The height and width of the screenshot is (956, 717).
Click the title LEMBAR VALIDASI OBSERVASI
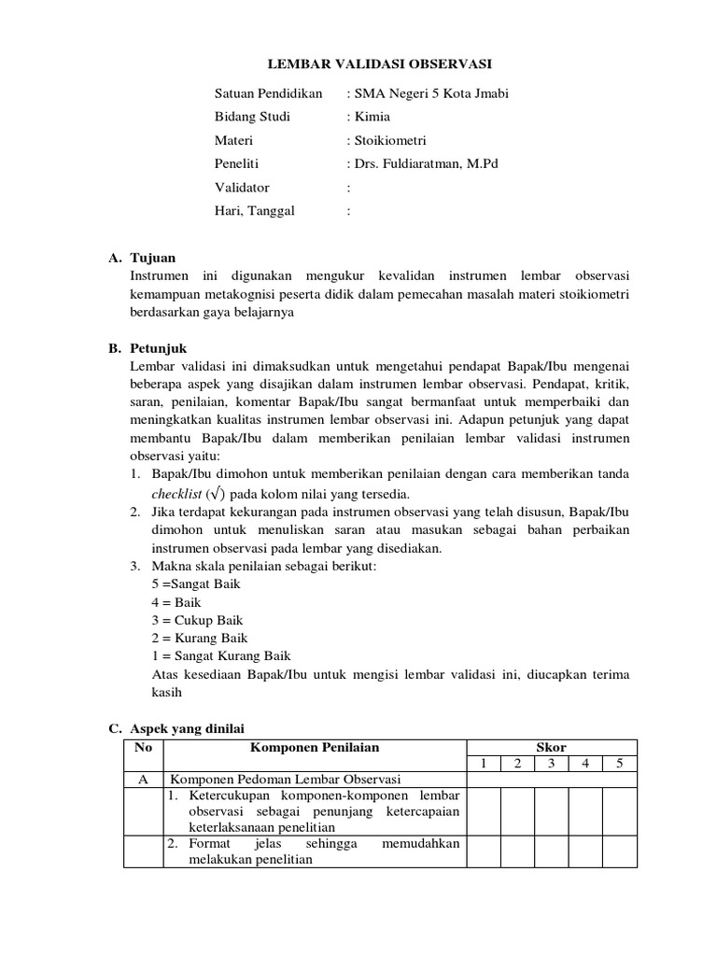tap(380, 63)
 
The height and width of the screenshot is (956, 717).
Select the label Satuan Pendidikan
tap(268, 93)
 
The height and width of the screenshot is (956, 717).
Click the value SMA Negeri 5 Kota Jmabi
tap(429, 93)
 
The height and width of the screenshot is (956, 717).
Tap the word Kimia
tap(370, 117)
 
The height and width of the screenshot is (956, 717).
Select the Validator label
tap(242, 187)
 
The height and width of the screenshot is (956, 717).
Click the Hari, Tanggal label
tap(255, 210)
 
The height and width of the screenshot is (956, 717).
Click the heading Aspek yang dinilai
tap(187, 728)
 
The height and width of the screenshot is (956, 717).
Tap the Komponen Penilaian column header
tap(315, 747)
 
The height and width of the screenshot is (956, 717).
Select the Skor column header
tap(551, 747)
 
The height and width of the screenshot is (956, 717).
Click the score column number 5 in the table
tap(620, 764)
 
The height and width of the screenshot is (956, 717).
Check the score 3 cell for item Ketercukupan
tap(552, 810)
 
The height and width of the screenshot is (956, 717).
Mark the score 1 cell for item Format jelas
tap(483, 851)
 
